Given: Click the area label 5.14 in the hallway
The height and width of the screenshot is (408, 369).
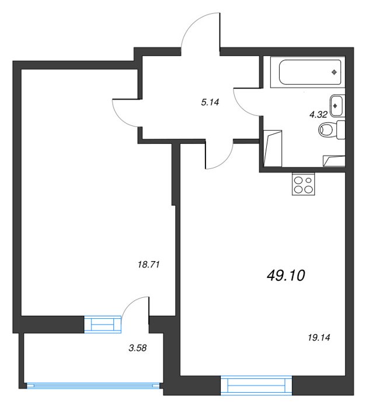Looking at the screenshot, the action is [x=210, y=102].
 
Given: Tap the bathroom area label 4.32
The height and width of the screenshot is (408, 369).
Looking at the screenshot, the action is [x=318, y=114].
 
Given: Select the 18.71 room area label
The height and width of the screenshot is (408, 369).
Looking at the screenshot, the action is [x=148, y=265].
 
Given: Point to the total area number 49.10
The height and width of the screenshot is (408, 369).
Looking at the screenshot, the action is [x=286, y=275].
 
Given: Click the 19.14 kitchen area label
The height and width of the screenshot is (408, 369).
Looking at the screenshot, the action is [x=319, y=337].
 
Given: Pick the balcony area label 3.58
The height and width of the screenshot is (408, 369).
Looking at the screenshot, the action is [x=138, y=347].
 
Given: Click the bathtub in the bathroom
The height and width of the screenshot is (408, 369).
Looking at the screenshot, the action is [x=310, y=72].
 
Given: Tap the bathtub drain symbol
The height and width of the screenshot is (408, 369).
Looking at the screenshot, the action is [x=334, y=72].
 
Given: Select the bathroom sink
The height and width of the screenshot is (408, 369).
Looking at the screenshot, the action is [x=337, y=105].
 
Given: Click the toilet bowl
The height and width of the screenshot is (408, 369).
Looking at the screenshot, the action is [x=326, y=129].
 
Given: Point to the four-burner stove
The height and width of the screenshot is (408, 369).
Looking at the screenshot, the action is [x=304, y=184].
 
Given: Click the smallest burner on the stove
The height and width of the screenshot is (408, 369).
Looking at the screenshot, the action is [x=309, y=180].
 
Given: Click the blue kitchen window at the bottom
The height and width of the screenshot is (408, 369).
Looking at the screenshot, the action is [x=256, y=385].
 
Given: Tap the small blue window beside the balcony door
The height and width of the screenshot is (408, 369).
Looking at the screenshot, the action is [x=103, y=325].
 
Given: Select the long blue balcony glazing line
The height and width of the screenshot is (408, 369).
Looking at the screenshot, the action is [x=93, y=386].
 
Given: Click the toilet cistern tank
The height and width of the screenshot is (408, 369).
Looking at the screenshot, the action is [x=341, y=129].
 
